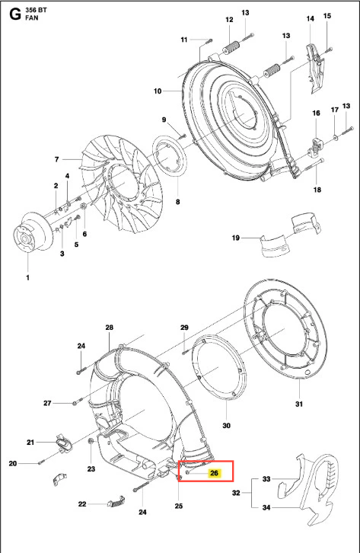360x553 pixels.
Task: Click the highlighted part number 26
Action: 214,473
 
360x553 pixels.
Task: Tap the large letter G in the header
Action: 15,14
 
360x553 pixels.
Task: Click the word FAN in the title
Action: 32,18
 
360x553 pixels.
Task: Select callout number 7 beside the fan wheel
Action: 57,159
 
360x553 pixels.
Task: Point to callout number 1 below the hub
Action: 28,277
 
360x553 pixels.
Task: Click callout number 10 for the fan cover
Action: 158,91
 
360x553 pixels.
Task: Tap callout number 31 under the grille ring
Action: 298,404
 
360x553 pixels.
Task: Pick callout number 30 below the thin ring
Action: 227,426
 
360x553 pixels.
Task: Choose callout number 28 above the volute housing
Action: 110,328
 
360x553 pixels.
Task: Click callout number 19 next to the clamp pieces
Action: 236,238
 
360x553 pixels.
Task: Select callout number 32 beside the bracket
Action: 236,493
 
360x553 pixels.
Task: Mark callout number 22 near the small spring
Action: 82,504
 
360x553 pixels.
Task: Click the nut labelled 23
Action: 90,441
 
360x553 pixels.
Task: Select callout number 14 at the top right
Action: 310,18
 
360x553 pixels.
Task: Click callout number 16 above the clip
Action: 317,113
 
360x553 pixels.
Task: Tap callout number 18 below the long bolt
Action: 317,190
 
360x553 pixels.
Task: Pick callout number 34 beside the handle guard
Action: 266,507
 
